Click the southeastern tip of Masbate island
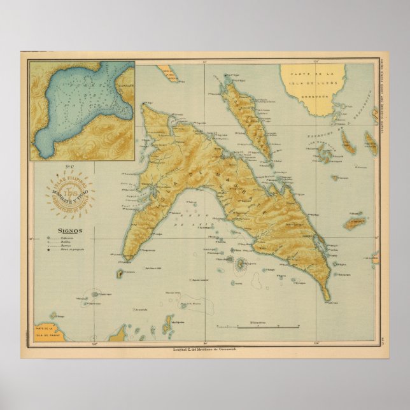click(x=328, y=299)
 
